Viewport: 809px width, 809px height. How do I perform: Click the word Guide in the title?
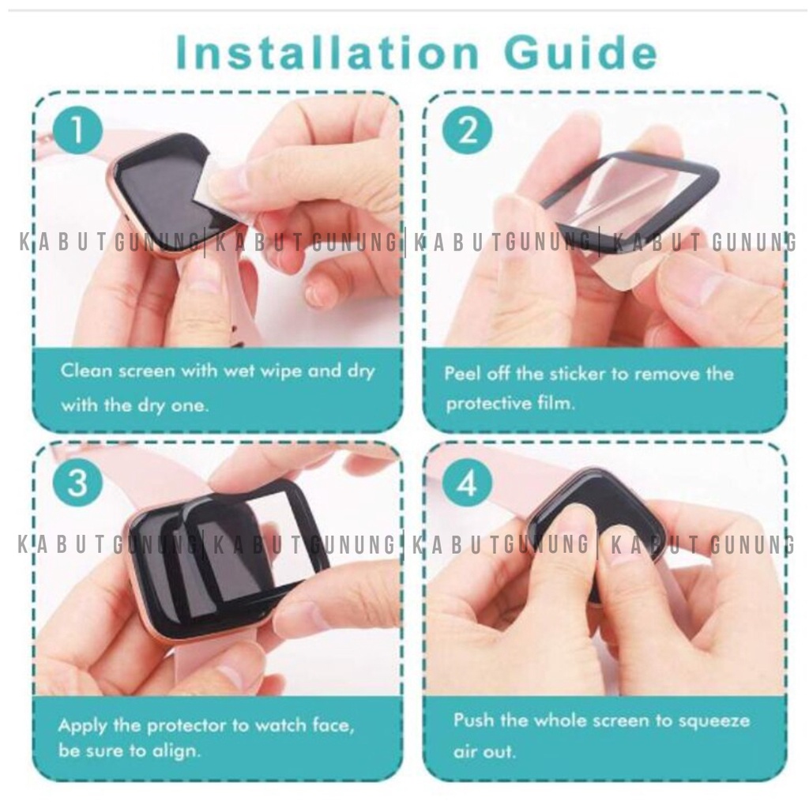coord(581,52)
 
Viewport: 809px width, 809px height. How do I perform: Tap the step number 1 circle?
coord(78,130)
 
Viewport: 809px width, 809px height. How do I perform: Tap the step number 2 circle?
coord(468,130)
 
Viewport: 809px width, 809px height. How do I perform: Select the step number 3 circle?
coord(78,484)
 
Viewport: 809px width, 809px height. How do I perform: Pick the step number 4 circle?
coord(468,484)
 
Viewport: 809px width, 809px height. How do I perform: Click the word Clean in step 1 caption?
coord(86,371)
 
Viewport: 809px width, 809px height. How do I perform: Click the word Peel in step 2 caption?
coord(462,373)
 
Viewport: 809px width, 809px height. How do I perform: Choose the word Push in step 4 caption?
coord(472,721)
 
